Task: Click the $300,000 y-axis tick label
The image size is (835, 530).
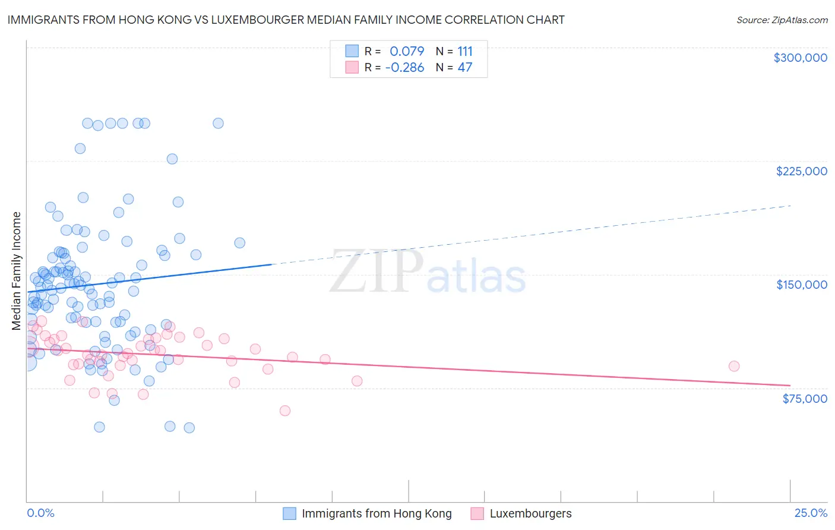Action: click(x=800, y=58)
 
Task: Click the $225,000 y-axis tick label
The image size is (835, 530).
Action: click(x=801, y=171)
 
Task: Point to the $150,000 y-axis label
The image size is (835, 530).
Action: click(x=801, y=285)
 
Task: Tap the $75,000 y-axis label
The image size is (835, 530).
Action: click(x=804, y=399)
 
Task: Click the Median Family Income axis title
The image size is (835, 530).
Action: click(x=17, y=271)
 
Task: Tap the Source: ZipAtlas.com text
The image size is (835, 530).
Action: click(x=782, y=20)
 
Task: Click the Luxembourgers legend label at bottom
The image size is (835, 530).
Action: click(x=530, y=513)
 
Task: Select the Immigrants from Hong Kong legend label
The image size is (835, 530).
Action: click(x=377, y=513)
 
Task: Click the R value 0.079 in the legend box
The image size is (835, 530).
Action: click(x=407, y=52)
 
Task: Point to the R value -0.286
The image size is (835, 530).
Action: click(x=404, y=68)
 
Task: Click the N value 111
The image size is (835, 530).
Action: click(x=464, y=52)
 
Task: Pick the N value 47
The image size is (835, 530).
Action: click(x=464, y=68)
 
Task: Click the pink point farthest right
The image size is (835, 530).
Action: click(x=734, y=366)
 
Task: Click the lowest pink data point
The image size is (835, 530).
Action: click(x=285, y=411)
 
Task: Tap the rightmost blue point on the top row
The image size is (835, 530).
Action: click(x=218, y=124)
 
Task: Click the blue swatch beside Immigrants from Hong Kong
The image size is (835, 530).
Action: click(x=289, y=513)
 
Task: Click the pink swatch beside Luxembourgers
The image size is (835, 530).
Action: click(x=477, y=513)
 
